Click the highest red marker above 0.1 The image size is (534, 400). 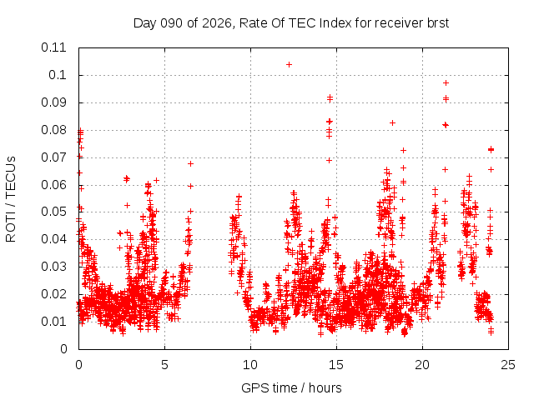[x=289, y=64]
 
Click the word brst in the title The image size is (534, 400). [x=436, y=22]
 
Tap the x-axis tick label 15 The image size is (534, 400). [x=336, y=364]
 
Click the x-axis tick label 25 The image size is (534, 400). [x=508, y=364]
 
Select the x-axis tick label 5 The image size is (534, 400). [x=164, y=364]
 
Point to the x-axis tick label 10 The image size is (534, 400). [x=250, y=364]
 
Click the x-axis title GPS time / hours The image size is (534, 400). [x=291, y=387]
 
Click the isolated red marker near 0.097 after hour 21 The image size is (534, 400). [x=446, y=82]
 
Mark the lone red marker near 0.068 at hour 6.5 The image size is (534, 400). [x=190, y=163]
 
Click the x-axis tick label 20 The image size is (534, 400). [x=422, y=364]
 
